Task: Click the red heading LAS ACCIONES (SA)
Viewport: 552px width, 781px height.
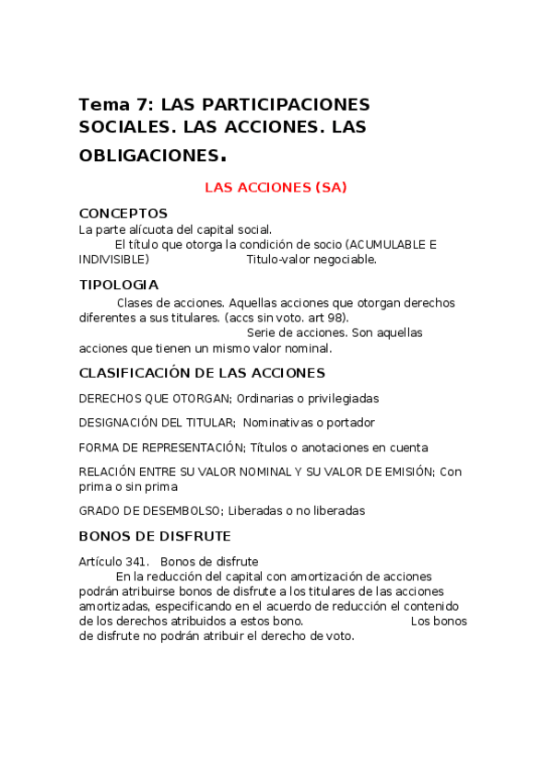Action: pyautogui.click(x=275, y=187)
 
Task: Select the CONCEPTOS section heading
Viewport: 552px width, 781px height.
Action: pyautogui.click(x=123, y=214)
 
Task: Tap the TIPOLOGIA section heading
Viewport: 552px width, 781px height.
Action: pyautogui.click(x=119, y=285)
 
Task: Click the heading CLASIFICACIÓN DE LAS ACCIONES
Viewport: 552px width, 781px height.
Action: pyautogui.click(x=202, y=373)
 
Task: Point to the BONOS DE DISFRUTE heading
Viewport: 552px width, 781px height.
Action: pyautogui.click(x=155, y=536)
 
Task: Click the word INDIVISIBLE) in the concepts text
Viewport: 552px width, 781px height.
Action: pyautogui.click(x=114, y=260)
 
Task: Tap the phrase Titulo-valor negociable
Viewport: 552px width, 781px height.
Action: pyautogui.click(x=311, y=260)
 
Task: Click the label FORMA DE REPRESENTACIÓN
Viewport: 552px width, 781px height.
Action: pyautogui.click(x=161, y=448)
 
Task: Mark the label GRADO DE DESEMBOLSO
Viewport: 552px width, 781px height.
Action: pyautogui.click(x=150, y=510)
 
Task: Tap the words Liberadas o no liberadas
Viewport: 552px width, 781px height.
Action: pyautogui.click(x=297, y=510)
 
